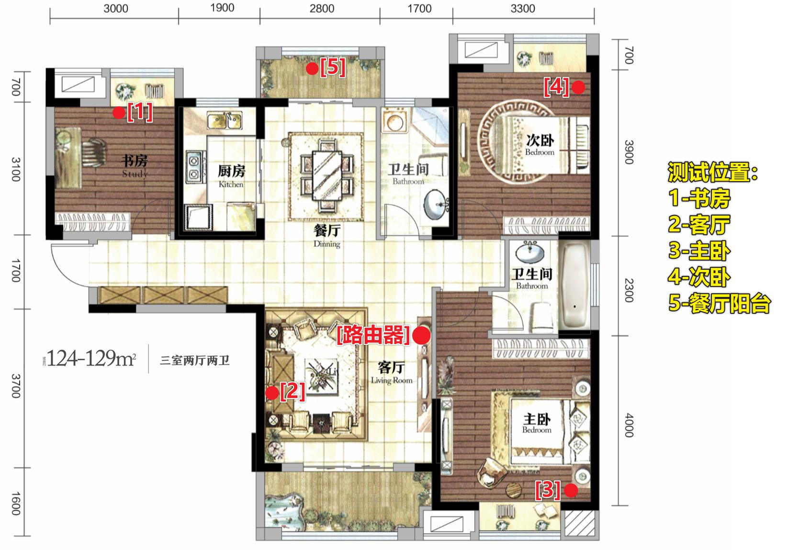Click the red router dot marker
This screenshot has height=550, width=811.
421,335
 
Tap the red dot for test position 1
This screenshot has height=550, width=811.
119,113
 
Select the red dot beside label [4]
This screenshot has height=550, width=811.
578,87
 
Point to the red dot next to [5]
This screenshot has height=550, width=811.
312,69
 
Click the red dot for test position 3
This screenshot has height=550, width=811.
571,491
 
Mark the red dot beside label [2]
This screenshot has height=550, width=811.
272,393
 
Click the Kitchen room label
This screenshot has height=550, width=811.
231,176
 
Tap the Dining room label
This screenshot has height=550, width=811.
327,236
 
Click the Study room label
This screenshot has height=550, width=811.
135,166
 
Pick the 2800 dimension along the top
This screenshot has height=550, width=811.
322,8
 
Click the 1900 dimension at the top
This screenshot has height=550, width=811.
222,8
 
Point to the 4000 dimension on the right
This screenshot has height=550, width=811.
629,425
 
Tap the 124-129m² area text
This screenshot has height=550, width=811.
91,358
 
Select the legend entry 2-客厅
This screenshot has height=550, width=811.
699,224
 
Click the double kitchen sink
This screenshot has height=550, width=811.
225,120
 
